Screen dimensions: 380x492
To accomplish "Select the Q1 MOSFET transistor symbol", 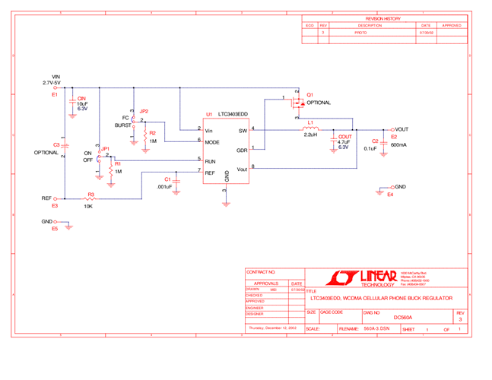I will (297, 102).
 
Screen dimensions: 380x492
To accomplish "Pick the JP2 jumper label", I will (144, 112).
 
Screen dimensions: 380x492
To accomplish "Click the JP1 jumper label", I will (106, 149).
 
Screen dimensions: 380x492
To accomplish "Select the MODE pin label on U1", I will (212, 141).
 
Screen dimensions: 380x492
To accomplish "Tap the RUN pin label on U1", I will (210, 161).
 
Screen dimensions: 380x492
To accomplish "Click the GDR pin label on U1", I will (242, 150).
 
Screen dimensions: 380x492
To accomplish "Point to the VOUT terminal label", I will (402, 129).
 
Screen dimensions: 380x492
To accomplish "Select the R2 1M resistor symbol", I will (144, 138).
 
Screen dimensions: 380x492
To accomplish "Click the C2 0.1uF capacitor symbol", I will (385, 143).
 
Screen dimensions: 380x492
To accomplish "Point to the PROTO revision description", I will (360, 33).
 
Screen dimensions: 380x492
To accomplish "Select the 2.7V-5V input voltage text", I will (56, 82).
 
